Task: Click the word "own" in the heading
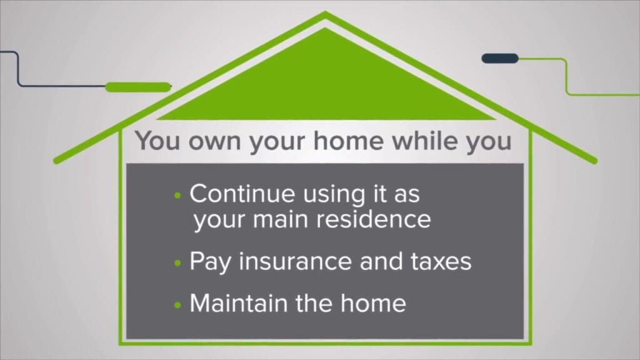coord(215,142)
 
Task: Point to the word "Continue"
coord(242,193)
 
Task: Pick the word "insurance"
coord(295,261)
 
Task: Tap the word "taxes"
coord(441,262)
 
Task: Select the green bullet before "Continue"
coord(177,196)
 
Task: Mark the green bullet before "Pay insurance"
coord(177,263)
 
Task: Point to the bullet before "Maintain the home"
coord(177,305)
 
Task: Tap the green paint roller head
coord(138,87)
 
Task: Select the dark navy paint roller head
coord(500,58)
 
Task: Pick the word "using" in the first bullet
coord(334,194)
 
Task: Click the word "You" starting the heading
coord(157,141)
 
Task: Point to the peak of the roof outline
coord(325,12)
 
